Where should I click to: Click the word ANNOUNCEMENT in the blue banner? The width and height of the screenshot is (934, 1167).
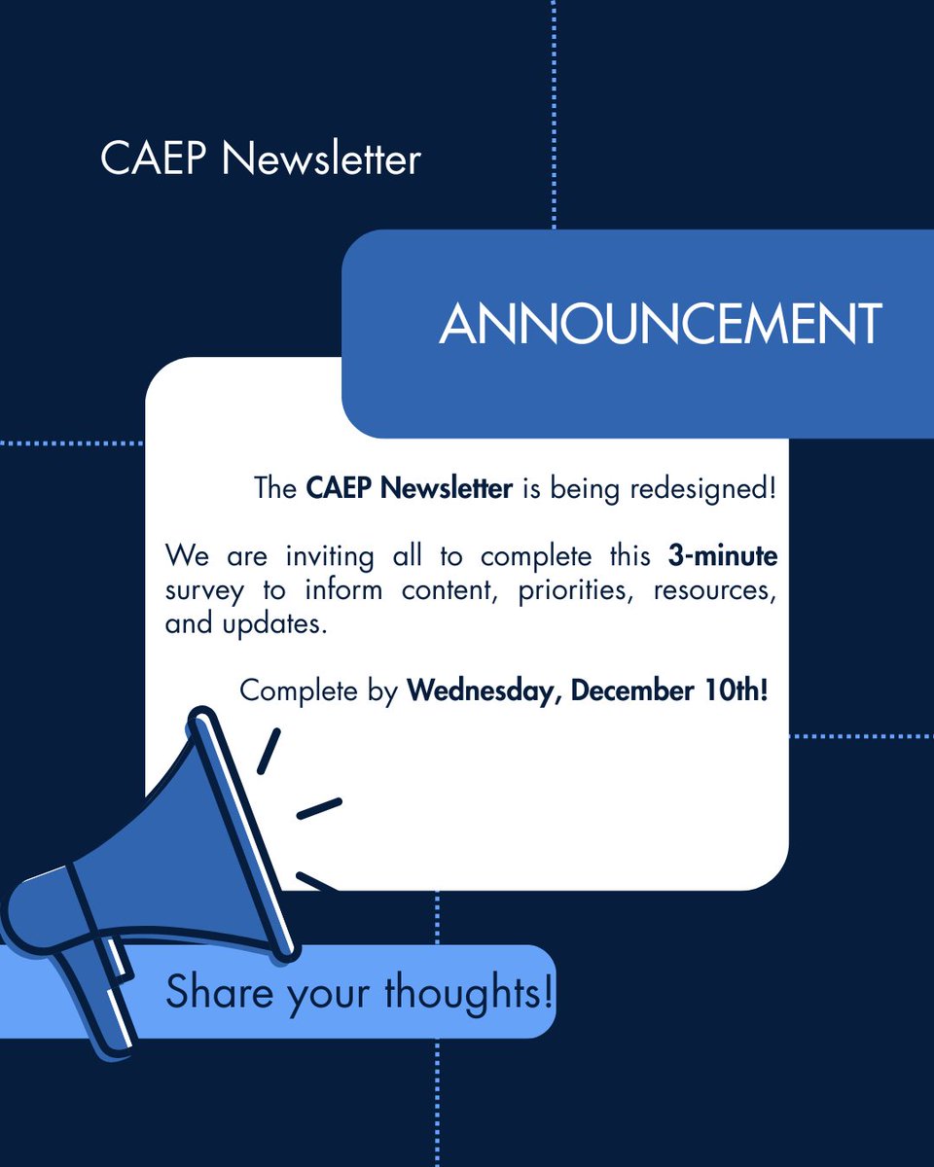tap(661, 326)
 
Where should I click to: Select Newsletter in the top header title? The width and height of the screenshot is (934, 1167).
tap(321, 159)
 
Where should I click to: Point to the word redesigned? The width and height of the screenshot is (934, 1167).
tap(703, 487)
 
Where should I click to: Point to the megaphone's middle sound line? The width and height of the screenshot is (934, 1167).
tap(319, 808)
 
